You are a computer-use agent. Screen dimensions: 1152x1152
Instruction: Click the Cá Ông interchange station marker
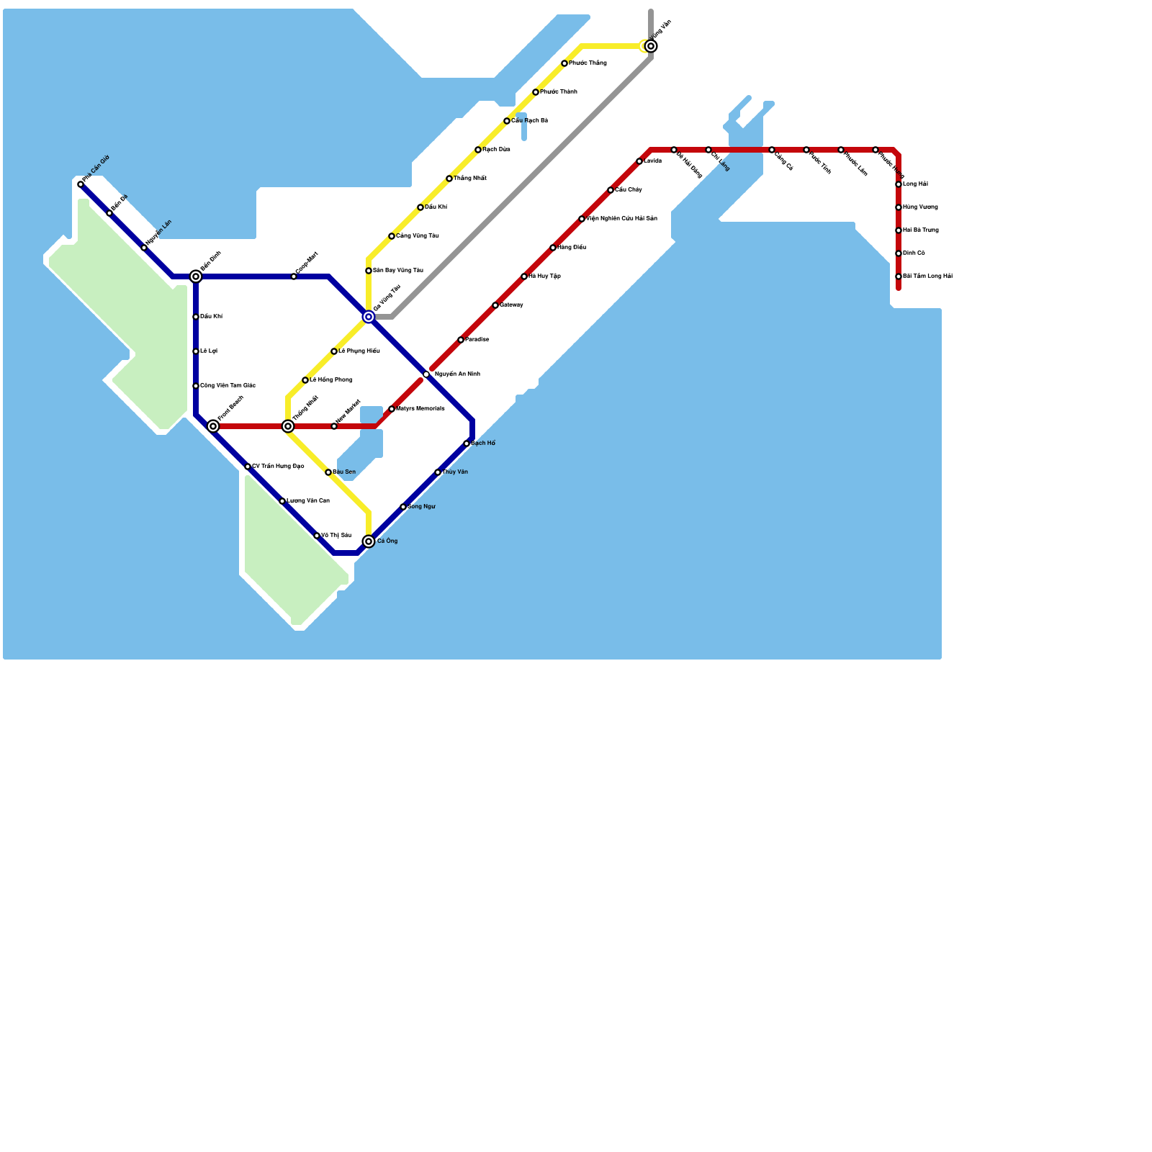click(x=369, y=541)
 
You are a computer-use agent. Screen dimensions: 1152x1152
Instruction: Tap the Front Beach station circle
click(x=213, y=426)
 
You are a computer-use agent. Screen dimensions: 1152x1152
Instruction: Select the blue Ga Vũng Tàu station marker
click(x=369, y=317)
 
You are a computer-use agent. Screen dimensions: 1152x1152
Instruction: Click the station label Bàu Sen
click(x=344, y=472)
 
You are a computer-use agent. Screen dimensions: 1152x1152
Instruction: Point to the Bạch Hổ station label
click(x=483, y=444)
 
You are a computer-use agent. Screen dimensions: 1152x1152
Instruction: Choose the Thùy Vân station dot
click(x=438, y=472)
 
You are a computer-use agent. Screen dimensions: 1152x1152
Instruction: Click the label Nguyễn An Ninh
click(x=457, y=374)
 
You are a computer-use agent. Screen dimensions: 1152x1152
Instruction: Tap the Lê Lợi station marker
click(x=196, y=351)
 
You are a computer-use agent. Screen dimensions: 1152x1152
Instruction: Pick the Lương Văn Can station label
click(x=308, y=501)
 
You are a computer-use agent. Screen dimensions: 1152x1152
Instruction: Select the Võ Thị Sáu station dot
click(x=317, y=536)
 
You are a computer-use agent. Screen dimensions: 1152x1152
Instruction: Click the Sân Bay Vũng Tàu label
click(x=398, y=271)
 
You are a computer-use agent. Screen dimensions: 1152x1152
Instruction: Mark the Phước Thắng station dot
click(x=564, y=63)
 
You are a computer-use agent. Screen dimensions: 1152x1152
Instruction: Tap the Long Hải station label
click(x=915, y=184)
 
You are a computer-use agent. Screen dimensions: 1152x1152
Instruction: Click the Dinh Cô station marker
click(x=899, y=253)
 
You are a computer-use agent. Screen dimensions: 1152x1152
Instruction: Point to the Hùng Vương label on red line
click(x=920, y=207)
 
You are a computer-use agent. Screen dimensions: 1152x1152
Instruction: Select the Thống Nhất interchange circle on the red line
click(x=288, y=426)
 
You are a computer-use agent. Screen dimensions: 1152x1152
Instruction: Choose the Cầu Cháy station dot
click(x=611, y=190)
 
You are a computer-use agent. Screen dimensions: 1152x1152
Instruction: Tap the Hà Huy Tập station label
click(x=544, y=276)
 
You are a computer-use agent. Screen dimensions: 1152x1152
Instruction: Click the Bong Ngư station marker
click(x=403, y=507)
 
